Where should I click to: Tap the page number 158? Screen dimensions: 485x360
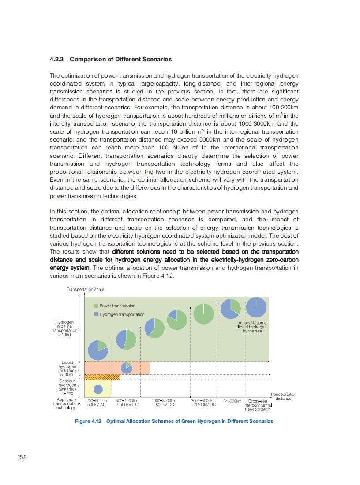point(22,457)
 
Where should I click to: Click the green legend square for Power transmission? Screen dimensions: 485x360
point(96,306)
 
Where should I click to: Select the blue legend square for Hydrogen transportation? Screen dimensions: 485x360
point(96,314)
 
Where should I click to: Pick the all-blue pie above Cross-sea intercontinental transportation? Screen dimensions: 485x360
point(256,307)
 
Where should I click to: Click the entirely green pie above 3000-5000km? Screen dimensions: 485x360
point(203,313)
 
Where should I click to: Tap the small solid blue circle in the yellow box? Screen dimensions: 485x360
point(98,389)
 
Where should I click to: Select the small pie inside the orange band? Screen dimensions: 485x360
point(127,368)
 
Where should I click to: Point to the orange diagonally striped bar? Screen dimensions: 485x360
point(102,377)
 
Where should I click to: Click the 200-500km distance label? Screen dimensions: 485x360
point(97,401)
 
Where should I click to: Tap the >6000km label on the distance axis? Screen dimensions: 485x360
point(232,401)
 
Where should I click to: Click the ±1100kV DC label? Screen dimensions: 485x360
point(203,405)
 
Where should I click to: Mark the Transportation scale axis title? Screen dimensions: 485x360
point(86,289)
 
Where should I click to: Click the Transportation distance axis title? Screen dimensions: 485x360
point(283,396)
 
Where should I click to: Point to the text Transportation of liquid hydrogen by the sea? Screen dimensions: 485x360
point(252,327)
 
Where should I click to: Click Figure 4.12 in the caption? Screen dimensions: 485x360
point(88,421)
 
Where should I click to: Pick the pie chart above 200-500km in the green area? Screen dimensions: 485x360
point(98,350)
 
